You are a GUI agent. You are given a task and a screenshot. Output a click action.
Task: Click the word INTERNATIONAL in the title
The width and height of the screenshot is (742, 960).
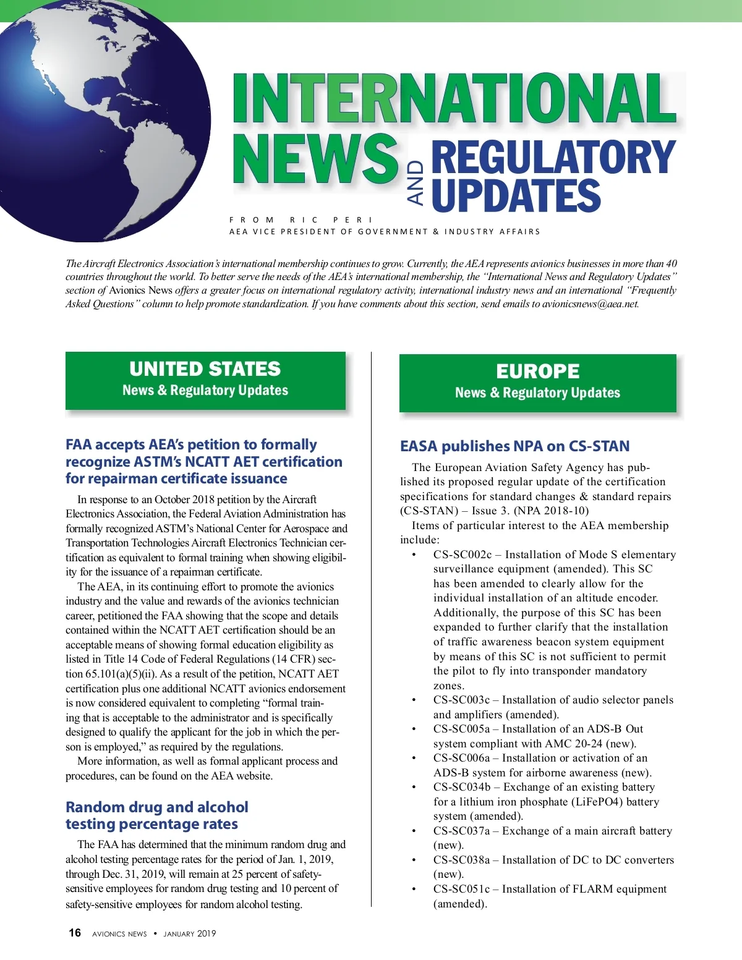(454, 99)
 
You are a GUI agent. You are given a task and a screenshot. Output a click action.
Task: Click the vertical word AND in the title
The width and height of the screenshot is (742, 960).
(416, 183)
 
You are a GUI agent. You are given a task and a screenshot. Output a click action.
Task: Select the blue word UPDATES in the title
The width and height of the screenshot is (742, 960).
(516, 195)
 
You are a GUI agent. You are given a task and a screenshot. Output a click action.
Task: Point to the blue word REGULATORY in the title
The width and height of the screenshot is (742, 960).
(553, 157)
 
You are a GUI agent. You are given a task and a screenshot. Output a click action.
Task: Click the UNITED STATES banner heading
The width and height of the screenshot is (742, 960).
(205, 369)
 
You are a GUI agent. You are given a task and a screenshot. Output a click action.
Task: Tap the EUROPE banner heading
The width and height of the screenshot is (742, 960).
(537, 372)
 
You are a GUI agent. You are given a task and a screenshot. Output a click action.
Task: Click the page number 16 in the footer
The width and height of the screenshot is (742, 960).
(75, 933)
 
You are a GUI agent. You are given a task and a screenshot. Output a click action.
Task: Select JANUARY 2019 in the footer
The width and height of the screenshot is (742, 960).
(190, 934)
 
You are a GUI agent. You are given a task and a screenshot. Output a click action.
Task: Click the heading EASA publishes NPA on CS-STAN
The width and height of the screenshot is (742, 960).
(514, 446)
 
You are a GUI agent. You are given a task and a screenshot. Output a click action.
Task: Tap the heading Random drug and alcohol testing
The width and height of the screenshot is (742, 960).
(157, 815)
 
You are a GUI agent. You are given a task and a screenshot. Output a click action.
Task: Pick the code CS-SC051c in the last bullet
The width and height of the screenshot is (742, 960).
(461, 889)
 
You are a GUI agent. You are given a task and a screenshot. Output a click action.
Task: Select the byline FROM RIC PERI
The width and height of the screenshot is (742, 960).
(301, 219)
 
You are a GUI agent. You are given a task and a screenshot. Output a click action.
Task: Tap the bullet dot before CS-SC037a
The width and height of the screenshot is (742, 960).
(414, 831)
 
